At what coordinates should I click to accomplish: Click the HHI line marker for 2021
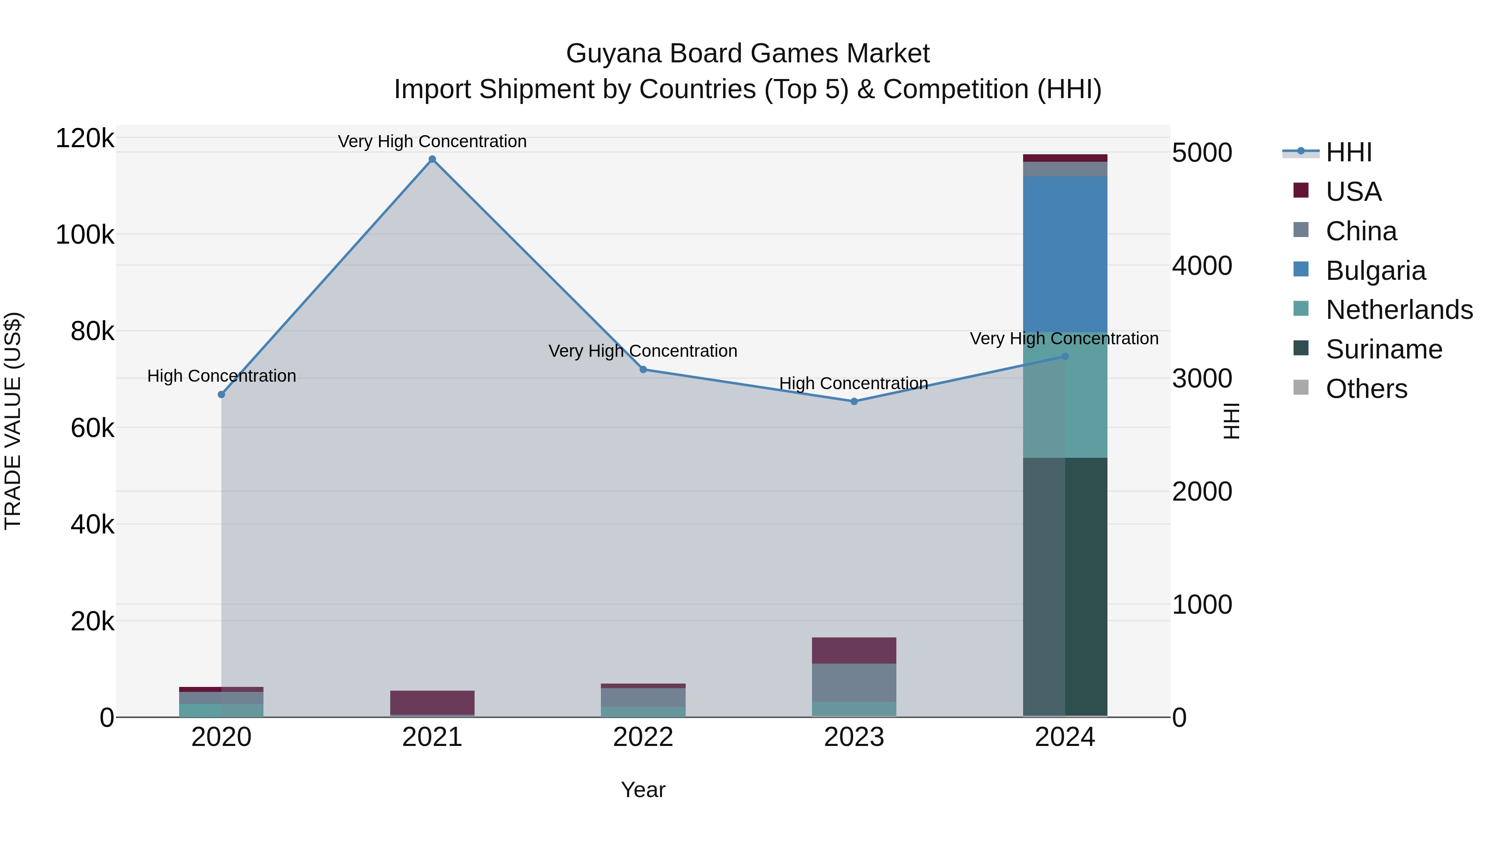(x=432, y=159)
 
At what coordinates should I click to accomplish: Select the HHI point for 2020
(x=221, y=395)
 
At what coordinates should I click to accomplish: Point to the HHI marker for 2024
(x=1065, y=356)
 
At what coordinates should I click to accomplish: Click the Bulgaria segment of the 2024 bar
(x=1065, y=254)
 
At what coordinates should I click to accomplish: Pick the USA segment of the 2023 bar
(x=854, y=650)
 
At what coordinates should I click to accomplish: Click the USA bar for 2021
(x=432, y=703)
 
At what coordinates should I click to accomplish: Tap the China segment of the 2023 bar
(x=854, y=682)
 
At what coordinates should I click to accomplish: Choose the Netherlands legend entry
(x=1398, y=310)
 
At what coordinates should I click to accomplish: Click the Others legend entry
(x=1366, y=389)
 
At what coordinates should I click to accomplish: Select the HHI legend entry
(x=1348, y=152)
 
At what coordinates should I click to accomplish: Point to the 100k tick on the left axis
(x=85, y=235)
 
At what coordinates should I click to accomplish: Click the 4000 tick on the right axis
(x=1201, y=266)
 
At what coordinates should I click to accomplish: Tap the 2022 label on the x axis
(x=643, y=737)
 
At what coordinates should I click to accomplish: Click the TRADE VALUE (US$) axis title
(x=13, y=421)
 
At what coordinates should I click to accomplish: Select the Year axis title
(x=643, y=790)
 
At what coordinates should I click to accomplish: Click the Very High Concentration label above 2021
(x=432, y=141)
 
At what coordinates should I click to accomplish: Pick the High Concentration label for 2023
(x=853, y=383)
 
